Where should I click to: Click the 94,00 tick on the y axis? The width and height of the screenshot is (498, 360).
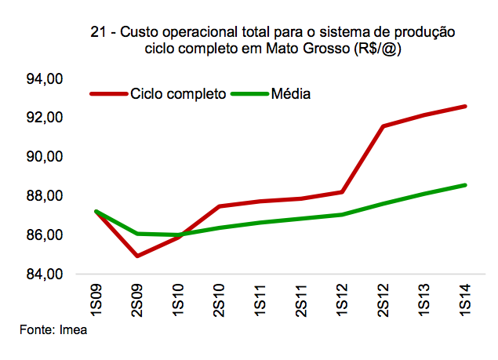[x=45, y=79]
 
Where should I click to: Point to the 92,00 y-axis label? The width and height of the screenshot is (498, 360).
[x=45, y=118]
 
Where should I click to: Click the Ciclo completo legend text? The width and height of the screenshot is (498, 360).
[x=178, y=94]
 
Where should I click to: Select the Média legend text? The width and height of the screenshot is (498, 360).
[x=291, y=94]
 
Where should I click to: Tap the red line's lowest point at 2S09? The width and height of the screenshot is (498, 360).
[x=137, y=256]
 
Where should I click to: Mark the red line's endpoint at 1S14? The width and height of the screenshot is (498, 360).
[x=466, y=106]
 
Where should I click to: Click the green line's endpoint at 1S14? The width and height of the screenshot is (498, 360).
[x=466, y=185]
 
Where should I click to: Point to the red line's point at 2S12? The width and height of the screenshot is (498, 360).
[x=383, y=126]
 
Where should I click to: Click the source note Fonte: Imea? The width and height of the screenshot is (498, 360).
[x=53, y=331]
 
